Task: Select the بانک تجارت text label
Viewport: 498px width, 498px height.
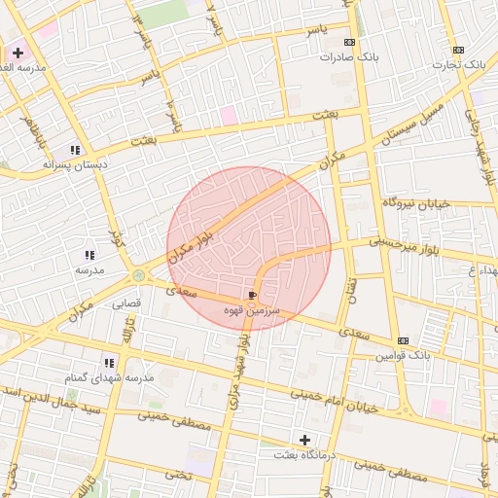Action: point(460,63)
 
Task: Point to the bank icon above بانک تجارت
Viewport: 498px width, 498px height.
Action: point(459,50)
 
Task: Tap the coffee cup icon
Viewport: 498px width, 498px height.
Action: point(254,295)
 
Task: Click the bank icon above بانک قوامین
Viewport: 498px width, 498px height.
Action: point(403,340)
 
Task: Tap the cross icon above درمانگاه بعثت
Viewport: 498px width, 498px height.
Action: point(305,441)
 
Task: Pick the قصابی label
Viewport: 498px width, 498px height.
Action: point(126,303)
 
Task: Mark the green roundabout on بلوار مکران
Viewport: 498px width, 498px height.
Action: point(138,275)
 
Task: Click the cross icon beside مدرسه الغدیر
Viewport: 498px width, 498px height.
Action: point(18,53)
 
